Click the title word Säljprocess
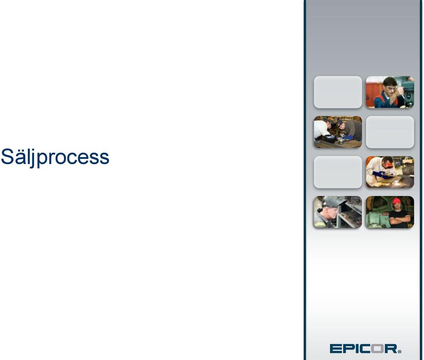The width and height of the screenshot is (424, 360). pos(55,157)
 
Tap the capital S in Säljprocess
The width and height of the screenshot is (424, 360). pos(7,156)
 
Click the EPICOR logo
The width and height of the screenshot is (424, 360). pos(365,349)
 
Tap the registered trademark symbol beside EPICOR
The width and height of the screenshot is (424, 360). pos(400,351)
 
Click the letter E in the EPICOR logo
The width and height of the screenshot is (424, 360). pos(336,349)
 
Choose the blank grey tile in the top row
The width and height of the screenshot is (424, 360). pos(338,92)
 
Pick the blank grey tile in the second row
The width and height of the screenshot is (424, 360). pos(390,132)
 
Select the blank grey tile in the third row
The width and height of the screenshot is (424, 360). pos(338,172)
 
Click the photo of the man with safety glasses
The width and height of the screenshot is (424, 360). pos(390,92)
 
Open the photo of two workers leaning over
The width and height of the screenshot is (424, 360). pos(338,132)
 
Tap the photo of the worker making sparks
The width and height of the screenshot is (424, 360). pos(390,172)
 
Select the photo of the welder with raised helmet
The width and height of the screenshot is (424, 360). pos(338,212)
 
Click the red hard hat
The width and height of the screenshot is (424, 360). pos(397,201)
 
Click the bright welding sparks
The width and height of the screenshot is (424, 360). pos(397,183)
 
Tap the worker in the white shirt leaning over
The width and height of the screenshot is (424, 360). pos(322,130)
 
